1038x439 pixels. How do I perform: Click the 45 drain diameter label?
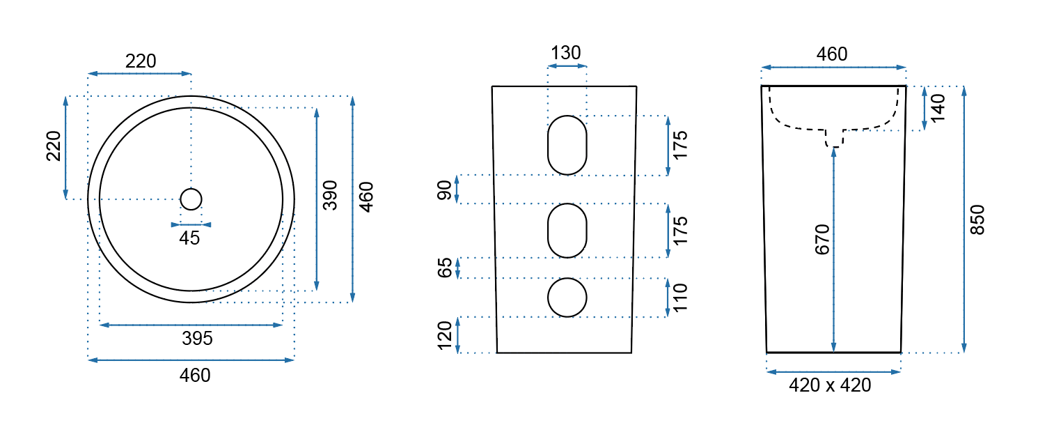[x=189, y=238]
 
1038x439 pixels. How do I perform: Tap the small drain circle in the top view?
[x=191, y=199]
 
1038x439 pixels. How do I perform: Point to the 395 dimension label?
[x=197, y=339]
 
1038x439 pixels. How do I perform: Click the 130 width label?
[x=565, y=53]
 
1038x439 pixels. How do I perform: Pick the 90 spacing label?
[x=444, y=189]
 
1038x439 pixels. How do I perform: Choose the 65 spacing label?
[x=444, y=268]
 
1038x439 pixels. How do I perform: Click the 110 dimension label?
[x=679, y=298]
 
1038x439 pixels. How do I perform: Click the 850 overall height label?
[x=977, y=219]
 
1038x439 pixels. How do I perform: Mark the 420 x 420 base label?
[x=830, y=385]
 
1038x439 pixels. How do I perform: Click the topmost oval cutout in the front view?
[x=567, y=145]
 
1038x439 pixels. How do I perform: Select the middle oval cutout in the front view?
[x=567, y=231]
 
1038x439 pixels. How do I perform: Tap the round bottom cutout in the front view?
[x=567, y=298]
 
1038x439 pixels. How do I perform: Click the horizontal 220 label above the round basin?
[x=141, y=61]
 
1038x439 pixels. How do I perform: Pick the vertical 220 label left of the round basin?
[x=54, y=146]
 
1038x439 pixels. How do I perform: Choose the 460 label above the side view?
[x=832, y=54]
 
